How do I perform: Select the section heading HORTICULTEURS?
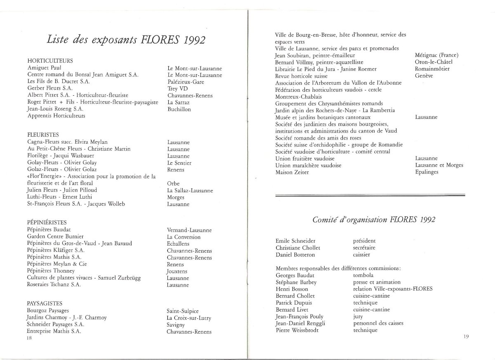point(50,61)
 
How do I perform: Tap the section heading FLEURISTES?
point(43,135)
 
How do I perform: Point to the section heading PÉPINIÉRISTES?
point(47,223)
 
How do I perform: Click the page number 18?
point(29,337)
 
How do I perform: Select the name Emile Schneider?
point(297,241)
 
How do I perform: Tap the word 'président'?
point(364,241)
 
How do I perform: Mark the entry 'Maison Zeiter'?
point(292,172)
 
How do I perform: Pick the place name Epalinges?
point(427,172)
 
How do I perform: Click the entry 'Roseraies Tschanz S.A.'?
point(54,284)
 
